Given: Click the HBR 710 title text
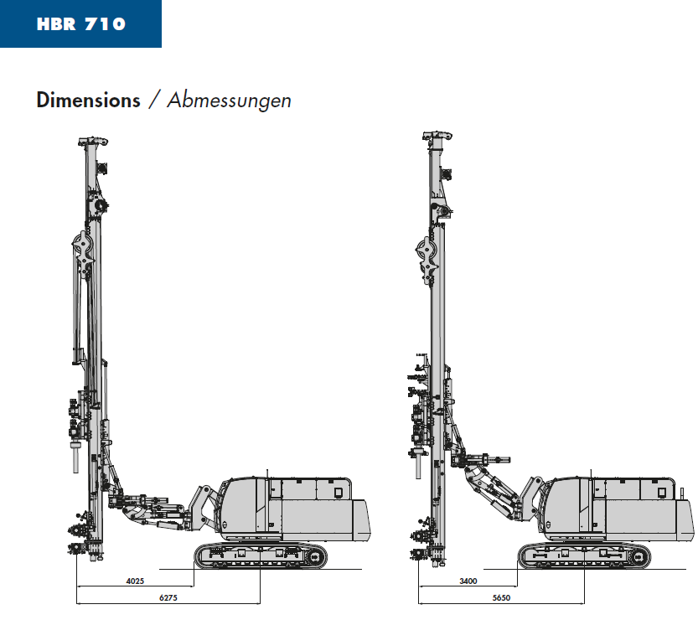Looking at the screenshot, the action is [x=81, y=24].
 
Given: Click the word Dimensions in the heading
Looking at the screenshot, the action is [x=88, y=101].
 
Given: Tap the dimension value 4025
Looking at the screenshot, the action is [x=136, y=581].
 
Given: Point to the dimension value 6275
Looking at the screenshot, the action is [x=168, y=597].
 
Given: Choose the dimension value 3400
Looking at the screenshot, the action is [x=468, y=581].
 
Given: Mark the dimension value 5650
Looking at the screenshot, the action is [x=501, y=597].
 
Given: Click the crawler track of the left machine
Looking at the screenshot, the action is [x=261, y=556].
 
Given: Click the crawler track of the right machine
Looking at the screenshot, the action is [x=585, y=556].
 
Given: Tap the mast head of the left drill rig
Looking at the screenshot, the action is [x=93, y=142].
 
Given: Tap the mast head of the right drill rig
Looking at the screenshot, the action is [x=437, y=136].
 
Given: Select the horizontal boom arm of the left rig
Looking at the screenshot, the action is [x=153, y=511].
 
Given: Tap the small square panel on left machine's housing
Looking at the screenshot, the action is [x=338, y=493].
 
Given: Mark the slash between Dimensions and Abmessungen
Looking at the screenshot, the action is [x=154, y=101].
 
